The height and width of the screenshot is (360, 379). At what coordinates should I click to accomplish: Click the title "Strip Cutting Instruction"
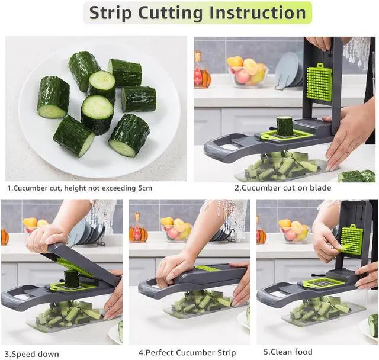198,12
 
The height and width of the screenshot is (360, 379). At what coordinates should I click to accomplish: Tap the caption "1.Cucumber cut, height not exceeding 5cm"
79,188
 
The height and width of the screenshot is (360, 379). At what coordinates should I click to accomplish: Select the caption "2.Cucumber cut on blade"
282,188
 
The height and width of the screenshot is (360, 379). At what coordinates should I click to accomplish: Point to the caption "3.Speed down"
32,353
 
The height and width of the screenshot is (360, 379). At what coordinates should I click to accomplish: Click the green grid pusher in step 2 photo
319,82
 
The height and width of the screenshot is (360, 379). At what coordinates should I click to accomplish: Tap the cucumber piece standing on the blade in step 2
285,126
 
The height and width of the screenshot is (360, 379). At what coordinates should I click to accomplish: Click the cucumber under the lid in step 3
72,278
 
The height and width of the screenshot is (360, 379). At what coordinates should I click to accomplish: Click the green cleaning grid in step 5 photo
351,239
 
